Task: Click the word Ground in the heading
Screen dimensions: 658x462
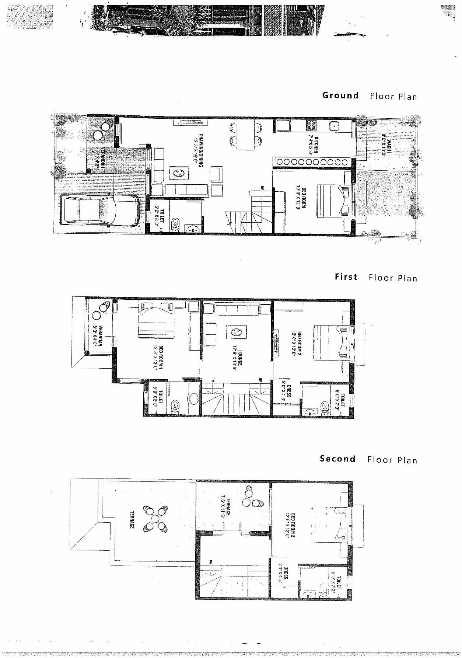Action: pos(340,95)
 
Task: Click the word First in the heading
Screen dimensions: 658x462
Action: pos(346,277)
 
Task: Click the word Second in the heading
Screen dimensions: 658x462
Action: pos(337,459)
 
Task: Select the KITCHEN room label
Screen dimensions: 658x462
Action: pos(313,143)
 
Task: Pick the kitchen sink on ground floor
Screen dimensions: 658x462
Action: pos(334,126)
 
